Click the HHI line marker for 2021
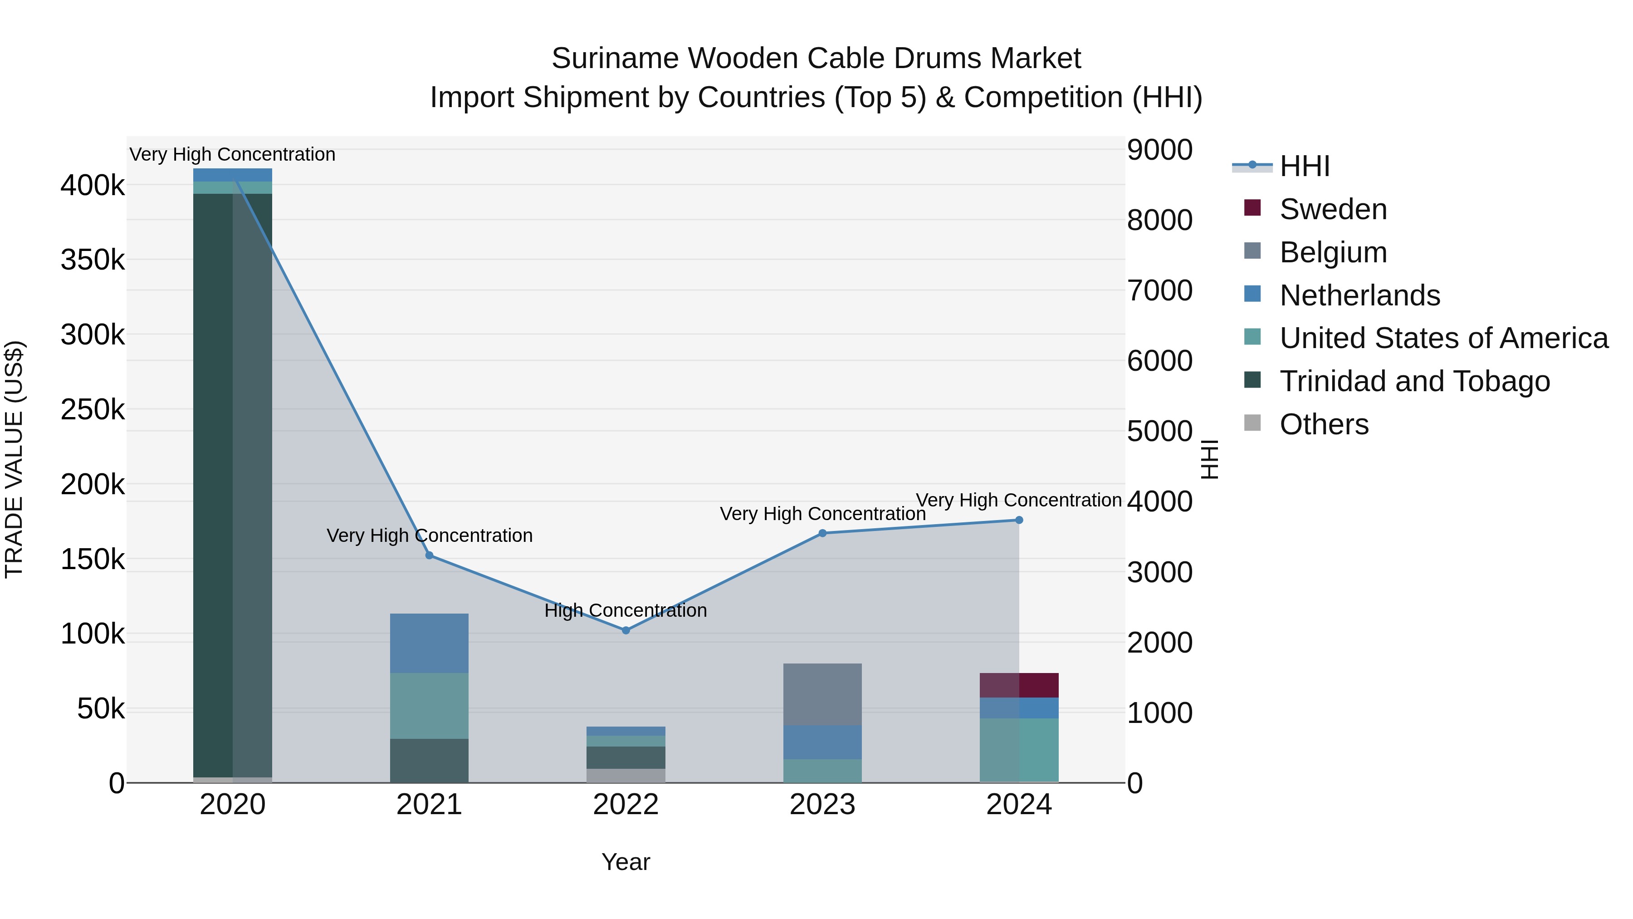429,555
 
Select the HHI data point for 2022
626,630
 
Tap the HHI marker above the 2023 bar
822,533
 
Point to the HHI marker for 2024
1019,520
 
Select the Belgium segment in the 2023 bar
822,694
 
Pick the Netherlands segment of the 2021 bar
429,643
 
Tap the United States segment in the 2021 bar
429,705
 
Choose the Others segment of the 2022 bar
626,776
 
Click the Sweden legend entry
1333,209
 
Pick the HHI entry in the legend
1304,166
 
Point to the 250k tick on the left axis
93,410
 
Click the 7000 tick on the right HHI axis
1159,290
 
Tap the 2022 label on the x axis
626,805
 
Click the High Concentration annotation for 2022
625,611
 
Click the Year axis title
626,862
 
